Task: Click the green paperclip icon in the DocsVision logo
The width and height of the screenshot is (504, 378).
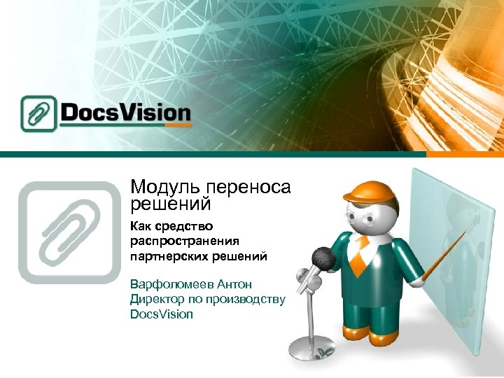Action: coord(38,113)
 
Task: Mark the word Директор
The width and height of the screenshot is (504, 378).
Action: coord(157,300)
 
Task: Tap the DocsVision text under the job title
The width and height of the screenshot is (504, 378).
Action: coord(162,314)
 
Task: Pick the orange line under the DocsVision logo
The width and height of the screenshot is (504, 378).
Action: coord(126,126)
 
